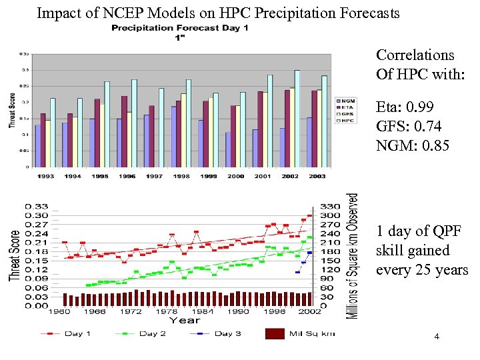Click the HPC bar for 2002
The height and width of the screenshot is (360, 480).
297,118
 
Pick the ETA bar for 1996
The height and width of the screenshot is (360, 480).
124,131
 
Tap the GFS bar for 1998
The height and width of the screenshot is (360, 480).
183,130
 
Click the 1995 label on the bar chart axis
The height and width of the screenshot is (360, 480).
100,176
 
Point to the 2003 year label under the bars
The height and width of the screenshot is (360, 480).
317,176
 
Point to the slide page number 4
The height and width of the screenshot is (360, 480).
437,337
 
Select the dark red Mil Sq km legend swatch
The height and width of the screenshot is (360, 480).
275,333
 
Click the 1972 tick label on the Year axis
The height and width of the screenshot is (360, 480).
131,311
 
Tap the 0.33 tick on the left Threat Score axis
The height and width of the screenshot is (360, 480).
37,206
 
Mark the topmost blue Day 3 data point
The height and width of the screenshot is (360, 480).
309,253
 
